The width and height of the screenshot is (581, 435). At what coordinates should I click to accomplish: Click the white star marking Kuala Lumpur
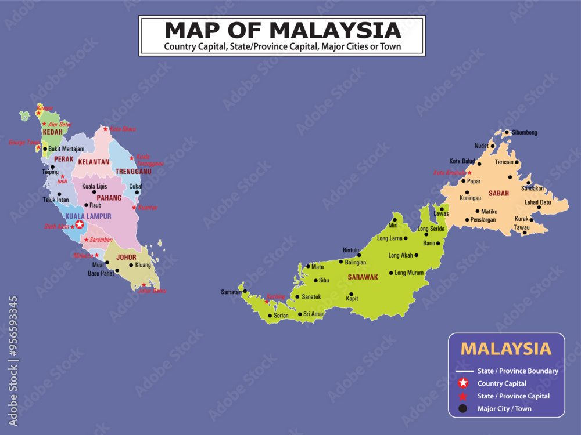pos(80,224)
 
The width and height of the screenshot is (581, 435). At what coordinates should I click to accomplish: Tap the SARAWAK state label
pos(363,277)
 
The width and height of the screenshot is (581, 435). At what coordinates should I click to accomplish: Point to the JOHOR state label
pos(126,256)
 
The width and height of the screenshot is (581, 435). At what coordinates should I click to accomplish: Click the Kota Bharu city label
pos(123,129)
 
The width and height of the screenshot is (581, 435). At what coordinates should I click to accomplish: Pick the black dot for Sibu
pos(315,280)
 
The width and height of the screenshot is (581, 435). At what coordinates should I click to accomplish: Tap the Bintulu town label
pos(351,250)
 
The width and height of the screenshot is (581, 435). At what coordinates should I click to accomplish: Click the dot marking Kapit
pos(351,294)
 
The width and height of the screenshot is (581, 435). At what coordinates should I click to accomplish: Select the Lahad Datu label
pos(538,202)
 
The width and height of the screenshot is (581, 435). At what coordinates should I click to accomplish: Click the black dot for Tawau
pos(525,233)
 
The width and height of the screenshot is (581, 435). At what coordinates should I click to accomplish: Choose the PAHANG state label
pos(109,198)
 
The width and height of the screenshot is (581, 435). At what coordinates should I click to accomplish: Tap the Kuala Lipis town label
pos(94,186)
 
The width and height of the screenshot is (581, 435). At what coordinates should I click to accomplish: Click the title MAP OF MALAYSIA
pos(282,30)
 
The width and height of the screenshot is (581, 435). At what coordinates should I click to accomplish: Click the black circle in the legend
pos(462,409)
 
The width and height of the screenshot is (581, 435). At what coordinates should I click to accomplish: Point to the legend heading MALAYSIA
pos(505,349)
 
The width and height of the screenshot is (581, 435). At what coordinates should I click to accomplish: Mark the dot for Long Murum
pos(391,273)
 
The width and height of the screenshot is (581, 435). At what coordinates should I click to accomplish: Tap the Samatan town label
pos(231,292)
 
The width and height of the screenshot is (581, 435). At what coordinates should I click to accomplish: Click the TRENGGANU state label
pos(133,172)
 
